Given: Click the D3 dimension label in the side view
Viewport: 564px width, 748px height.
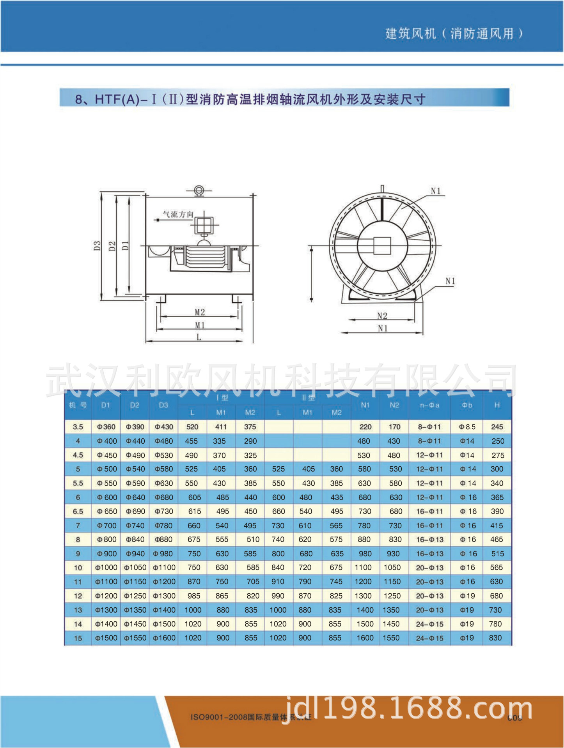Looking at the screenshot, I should click(97, 246).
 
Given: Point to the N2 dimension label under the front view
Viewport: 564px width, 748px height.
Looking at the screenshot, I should click(382, 316).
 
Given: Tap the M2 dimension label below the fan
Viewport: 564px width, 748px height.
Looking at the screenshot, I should click(200, 312).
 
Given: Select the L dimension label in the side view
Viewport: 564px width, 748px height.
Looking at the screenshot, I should click(199, 337).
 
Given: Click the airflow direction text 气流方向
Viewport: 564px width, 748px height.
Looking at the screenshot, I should click(178, 214).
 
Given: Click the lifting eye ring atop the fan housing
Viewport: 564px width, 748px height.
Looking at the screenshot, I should click(199, 190).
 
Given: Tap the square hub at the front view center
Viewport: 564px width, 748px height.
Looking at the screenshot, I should click(382, 246).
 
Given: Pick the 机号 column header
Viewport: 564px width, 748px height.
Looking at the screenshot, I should click(78, 405).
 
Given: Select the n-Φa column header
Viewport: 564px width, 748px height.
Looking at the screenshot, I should click(429, 405).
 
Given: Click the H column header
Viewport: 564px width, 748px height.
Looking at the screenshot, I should click(497, 405).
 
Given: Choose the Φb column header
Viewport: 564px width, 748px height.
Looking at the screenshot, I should click(467, 405).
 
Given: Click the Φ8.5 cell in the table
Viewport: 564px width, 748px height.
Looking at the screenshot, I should click(467, 427).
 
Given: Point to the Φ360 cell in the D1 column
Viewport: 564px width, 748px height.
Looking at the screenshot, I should click(106, 427).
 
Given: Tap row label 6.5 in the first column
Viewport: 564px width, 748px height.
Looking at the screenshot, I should click(78, 512).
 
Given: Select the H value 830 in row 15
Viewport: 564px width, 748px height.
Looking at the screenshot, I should click(495, 638).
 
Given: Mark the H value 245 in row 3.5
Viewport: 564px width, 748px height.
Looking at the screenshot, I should click(497, 427).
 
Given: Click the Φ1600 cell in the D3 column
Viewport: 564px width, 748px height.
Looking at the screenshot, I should click(164, 638).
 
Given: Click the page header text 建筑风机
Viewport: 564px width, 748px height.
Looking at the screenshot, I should click(410, 34).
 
